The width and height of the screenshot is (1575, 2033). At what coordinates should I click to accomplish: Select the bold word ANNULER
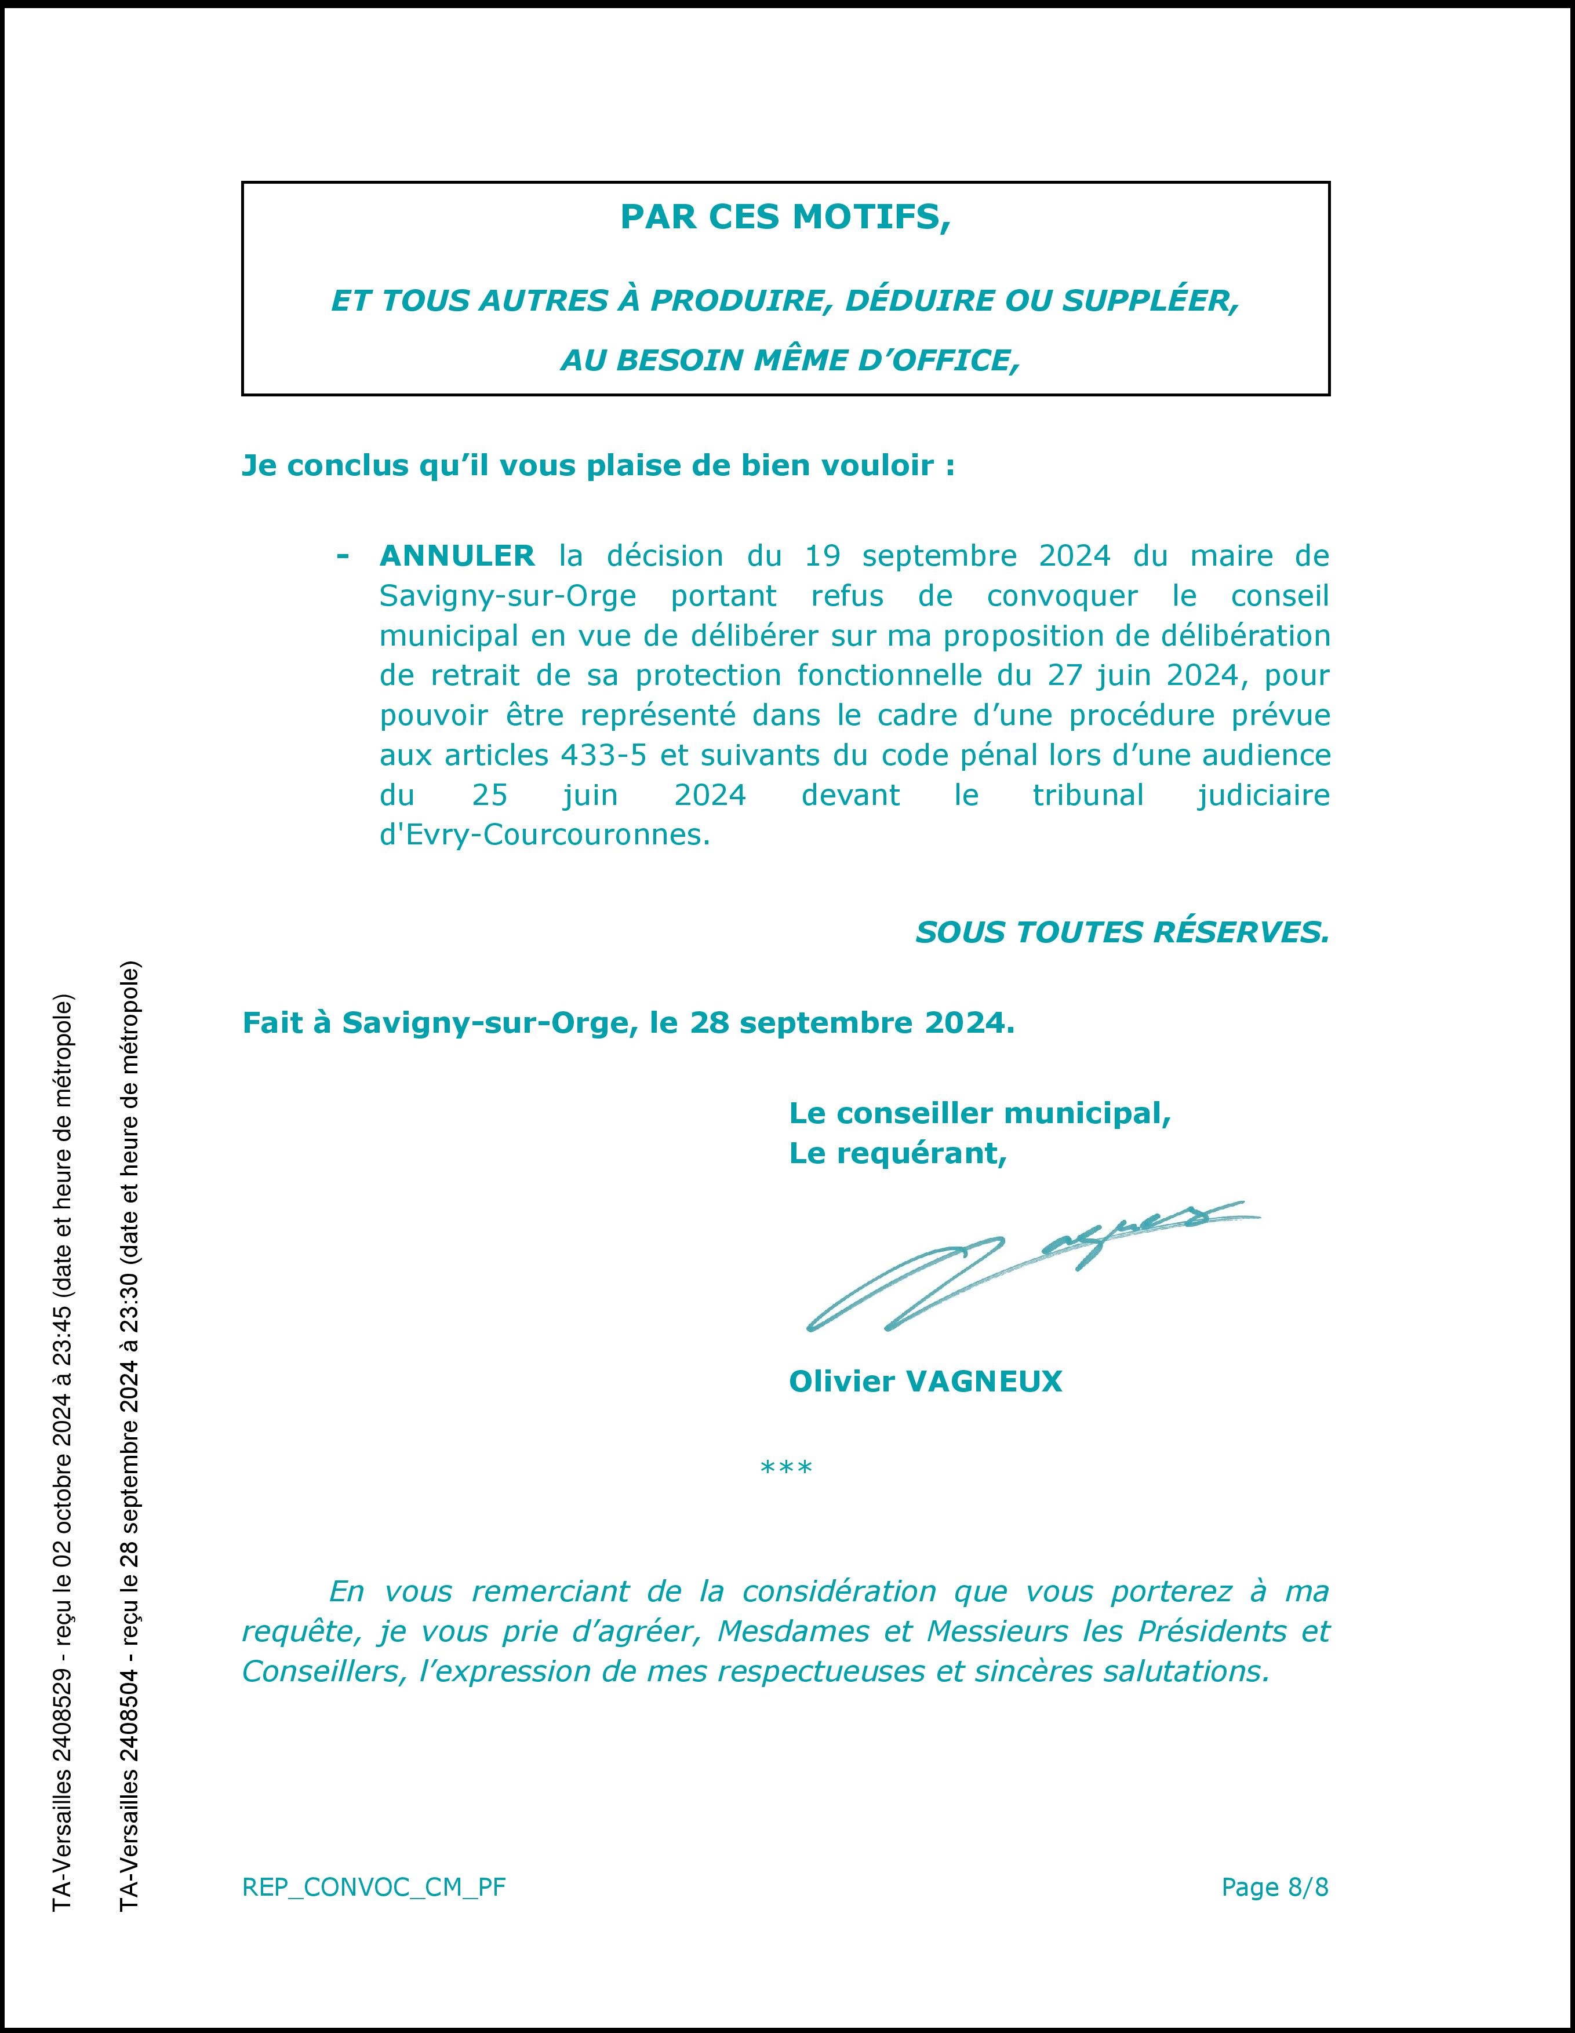point(457,556)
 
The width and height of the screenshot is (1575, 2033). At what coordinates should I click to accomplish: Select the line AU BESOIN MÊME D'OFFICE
point(790,360)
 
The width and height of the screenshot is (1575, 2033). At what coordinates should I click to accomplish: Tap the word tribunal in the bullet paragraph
point(1088,795)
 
